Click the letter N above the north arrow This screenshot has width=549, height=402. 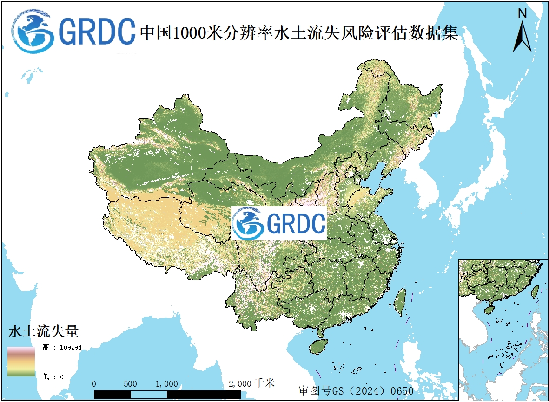[523, 13]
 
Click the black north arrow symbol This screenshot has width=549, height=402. [523, 37]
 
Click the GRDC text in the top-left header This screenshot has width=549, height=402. [97, 32]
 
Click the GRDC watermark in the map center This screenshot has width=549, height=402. [279, 223]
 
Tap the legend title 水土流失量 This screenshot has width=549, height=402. [43, 331]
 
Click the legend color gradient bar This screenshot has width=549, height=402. [21, 361]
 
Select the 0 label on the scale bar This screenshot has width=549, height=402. [94, 384]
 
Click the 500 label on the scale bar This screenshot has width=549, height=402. [131, 384]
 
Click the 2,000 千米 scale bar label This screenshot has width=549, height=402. [251, 383]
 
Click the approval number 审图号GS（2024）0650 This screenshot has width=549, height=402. [356, 391]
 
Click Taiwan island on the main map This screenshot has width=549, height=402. [399, 302]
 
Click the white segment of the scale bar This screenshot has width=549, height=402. [149, 394]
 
